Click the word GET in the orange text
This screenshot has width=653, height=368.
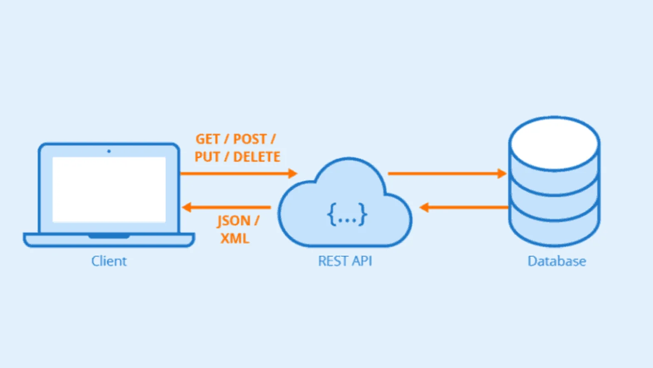click(x=207, y=139)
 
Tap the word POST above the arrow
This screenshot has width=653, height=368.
click(x=250, y=139)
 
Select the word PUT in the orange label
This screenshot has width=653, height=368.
click(x=207, y=157)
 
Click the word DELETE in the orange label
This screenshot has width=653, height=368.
click(x=257, y=157)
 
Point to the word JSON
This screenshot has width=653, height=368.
click(x=234, y=221)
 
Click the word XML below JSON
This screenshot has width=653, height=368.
click(x=235, y=239)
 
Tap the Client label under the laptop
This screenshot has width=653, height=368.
click(x=109, y=261)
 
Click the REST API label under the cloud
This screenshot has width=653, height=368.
click(x=345, y=261)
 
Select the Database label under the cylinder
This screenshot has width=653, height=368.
click(x=557, y=261)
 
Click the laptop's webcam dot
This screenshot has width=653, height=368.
click(x=109, y=151)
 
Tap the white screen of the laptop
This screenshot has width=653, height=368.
click(x=109, y=190)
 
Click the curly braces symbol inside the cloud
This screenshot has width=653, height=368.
click(x=347, y=214)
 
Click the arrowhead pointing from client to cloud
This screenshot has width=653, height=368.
click(x=293, y=174)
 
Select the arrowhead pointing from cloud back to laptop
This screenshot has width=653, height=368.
click(x=187, y=207)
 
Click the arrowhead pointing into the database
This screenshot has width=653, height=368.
click(x=502, y=174)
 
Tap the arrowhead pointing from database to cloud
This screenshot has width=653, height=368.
click(x=424, y=207)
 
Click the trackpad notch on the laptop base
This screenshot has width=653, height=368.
click(x=109, y=236)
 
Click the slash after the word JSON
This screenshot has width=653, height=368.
click(x=257, y=221)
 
